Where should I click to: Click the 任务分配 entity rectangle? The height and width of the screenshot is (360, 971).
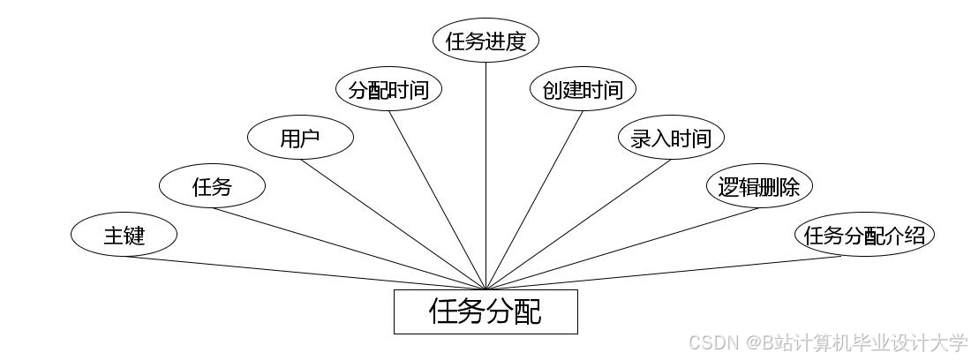coord(485,311)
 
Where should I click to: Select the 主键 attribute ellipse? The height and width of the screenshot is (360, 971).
coord(124,236)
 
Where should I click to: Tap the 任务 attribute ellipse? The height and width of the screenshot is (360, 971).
coord(212,186)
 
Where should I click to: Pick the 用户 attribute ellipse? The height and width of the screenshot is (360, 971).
coord(300,138)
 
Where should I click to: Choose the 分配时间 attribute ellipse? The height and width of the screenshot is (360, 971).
coord(388,89)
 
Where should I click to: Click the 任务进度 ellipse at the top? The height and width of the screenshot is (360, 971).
coord(485,41)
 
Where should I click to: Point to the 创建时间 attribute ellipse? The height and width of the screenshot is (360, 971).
coord(583,89)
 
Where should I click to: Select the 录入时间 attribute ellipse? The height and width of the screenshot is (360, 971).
coord(671,138)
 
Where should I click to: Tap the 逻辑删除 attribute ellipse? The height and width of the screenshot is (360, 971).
coord(759,186)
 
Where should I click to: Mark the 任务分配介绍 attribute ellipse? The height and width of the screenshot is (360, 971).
coord(865,236)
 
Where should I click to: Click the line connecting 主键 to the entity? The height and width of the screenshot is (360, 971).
coord(305,273)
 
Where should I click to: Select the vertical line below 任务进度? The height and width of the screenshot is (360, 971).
coord(485,176)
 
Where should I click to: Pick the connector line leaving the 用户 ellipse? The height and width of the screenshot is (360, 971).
coord(393,224)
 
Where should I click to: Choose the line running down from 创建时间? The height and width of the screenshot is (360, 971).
coord(534,200)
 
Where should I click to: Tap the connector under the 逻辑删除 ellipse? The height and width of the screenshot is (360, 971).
coord(622,249)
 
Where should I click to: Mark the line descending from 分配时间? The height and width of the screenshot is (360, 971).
coord(437,200)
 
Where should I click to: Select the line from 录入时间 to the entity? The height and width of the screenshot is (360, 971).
coord(578,224)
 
